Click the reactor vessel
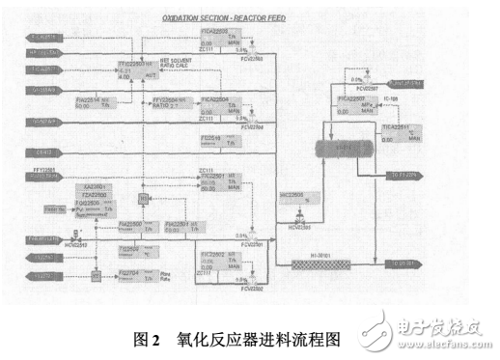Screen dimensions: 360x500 (x=344, y=151)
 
